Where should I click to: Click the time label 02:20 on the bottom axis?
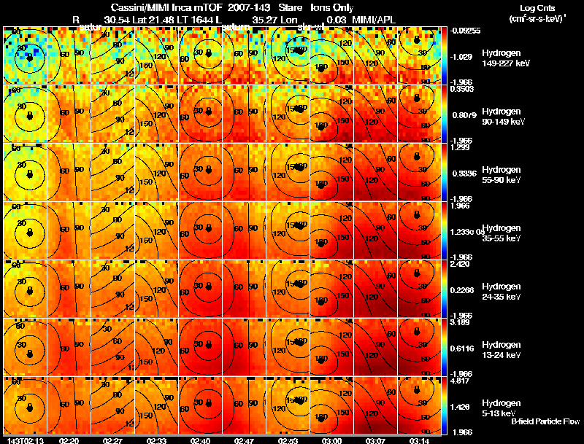tap(69, 440)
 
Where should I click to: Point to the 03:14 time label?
tap(419, 440)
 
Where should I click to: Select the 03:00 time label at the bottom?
tap(331, 440)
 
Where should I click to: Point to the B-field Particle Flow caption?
tap(545, 421)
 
